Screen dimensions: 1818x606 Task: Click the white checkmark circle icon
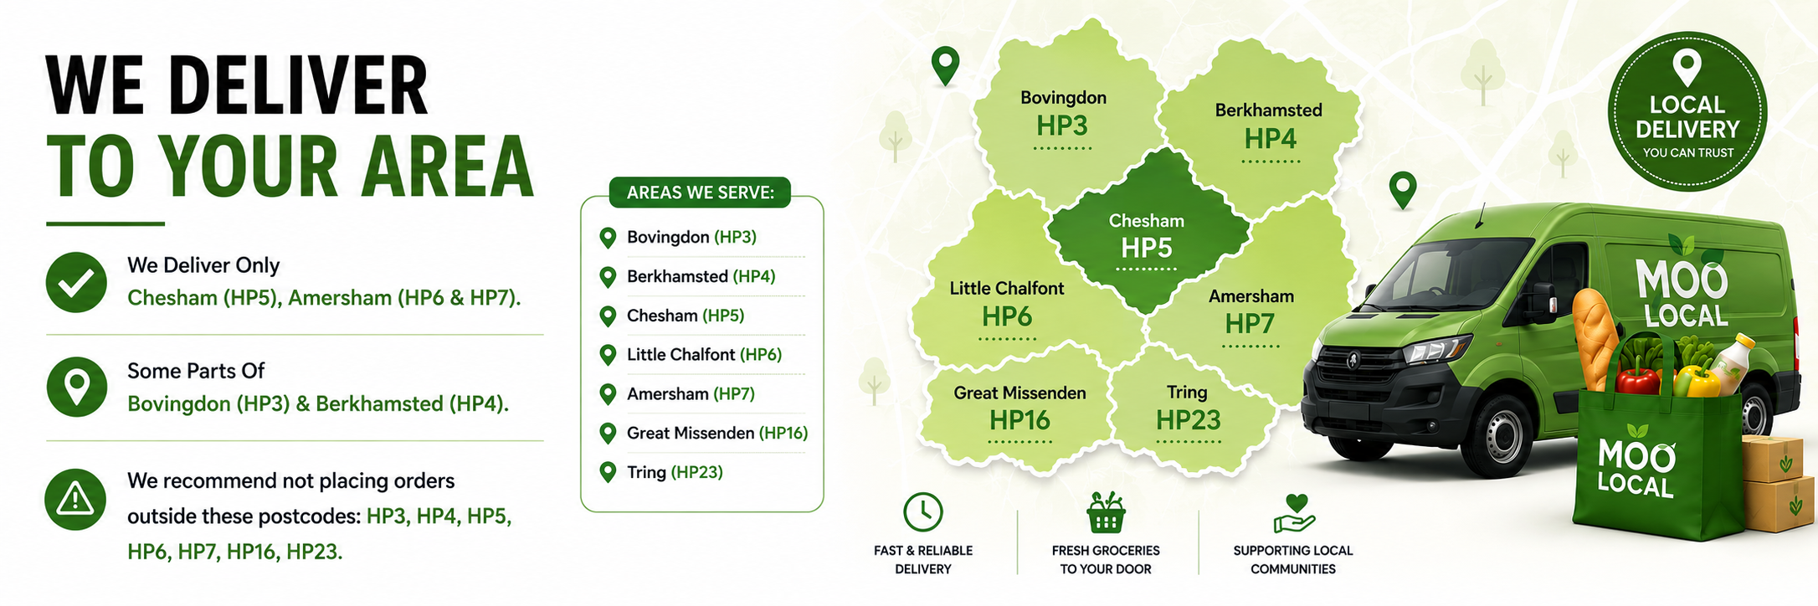76,282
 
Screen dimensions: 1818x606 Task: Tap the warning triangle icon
75,500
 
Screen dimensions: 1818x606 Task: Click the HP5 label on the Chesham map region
1147,249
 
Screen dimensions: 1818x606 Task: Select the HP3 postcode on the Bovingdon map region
1062,126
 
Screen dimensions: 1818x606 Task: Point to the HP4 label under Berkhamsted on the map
1270,138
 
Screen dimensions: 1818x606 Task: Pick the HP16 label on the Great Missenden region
1019,420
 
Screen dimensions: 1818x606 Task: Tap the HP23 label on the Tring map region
1189,420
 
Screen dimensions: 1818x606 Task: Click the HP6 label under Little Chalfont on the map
1007,317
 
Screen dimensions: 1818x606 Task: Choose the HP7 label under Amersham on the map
1250,324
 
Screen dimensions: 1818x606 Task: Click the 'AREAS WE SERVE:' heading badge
700,193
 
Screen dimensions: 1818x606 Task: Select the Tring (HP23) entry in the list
675,472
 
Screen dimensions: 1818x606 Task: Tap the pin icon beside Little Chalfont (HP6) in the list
609,355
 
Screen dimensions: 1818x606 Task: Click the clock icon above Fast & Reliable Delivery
923,511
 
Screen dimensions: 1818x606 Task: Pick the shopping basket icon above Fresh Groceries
1106,512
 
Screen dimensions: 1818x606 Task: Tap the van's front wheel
1495,434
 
